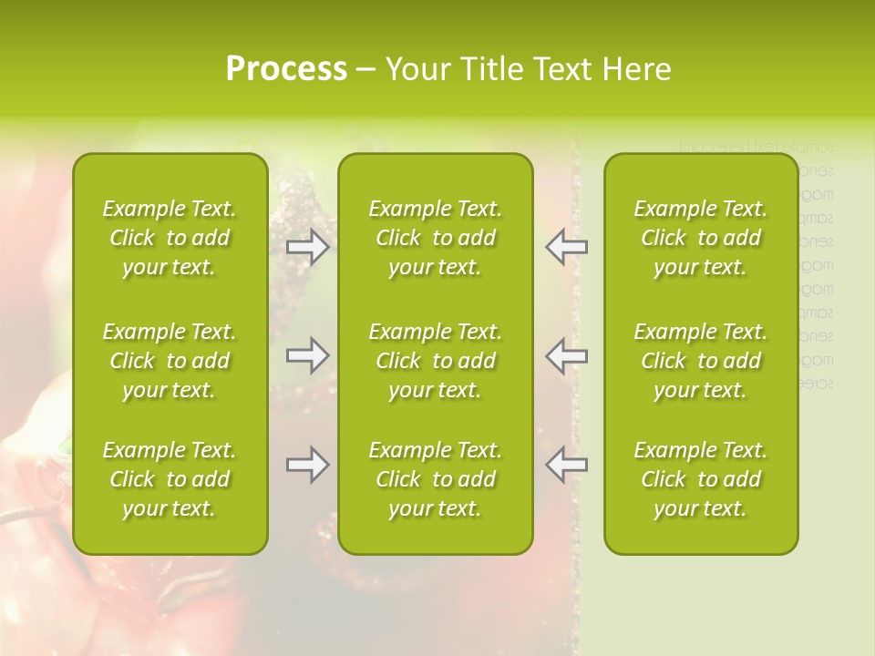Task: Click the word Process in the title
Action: (x=286, y=69)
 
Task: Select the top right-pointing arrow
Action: (x=308, y=247)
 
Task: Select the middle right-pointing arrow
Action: (x=308, y=355)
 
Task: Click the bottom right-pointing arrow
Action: (x=308, y=465)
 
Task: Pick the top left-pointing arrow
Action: (x=566, y=247)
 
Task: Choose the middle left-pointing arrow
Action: (x=566, y=355)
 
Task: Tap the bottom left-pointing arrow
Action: (x=566, y=465)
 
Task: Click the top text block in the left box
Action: (x=170, y=238)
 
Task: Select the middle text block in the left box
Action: (x=170, y=361)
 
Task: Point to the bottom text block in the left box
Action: (x=170, y=479)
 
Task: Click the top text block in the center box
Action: (x=435, y=238)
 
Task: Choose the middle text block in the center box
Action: (x=435, y=361)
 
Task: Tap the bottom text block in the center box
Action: (x=435, y=479)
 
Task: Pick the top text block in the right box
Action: (x=701, y=238)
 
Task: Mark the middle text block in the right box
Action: (x=701, y=361)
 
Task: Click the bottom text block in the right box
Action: (x=701, y=479)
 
